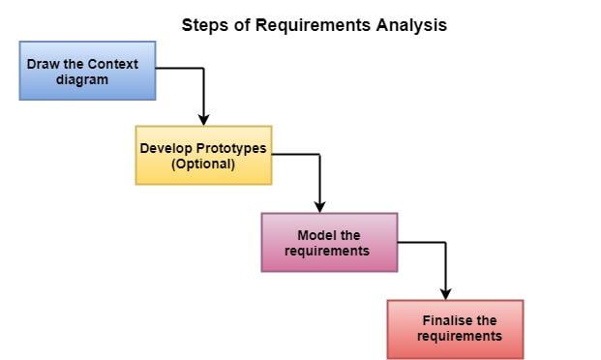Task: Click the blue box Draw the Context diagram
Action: [x=87, y=71]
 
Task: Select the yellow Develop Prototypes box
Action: [x=203, y=155]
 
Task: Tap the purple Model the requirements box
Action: [x=329, y=242]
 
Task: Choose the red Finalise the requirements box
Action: [x=455, y=329]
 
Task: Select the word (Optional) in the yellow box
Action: [x=203, y=164]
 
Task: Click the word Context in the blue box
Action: [x=110, y=65]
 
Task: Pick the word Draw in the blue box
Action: [x=44, y=65]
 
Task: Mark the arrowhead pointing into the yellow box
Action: [x=203, y=120]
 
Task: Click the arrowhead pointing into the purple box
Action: [x=319, y=207]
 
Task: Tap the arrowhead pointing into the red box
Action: [x=445, y=294]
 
